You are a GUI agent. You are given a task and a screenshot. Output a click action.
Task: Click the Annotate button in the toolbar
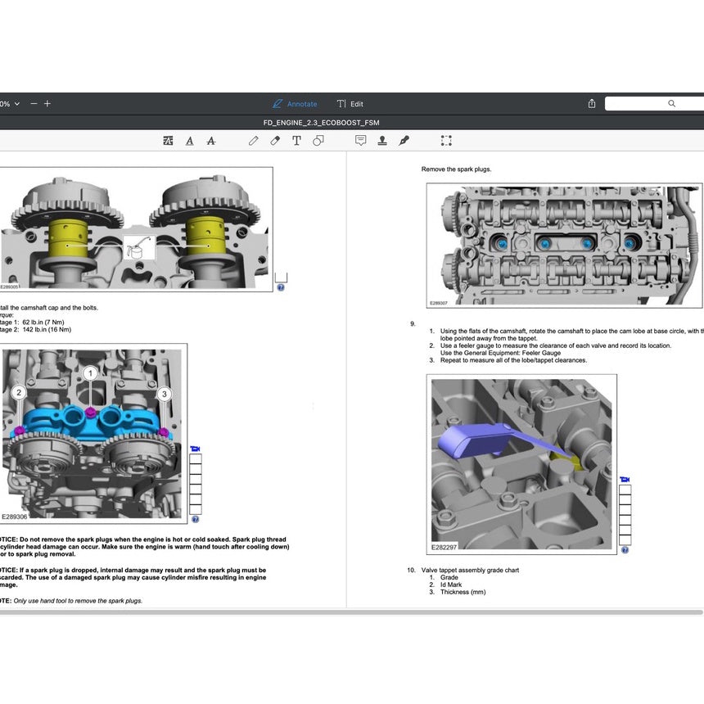pos(295,104)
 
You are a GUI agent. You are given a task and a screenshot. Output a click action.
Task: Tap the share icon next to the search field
pos(592,104)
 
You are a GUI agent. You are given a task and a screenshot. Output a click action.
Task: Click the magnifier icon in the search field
pos(671,104)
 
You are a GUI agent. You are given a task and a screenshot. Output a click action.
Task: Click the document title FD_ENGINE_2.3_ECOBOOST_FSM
pos(321,123)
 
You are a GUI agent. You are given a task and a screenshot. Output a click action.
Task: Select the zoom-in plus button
pos(47,104)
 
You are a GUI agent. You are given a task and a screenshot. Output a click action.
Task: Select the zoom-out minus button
pos(34,104)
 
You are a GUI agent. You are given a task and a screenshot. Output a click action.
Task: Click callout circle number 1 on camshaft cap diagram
pos(90,373)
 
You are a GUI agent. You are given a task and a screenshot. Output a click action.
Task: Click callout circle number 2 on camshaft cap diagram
pos(19,394)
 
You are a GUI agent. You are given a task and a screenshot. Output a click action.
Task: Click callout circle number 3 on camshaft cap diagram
pos(165,394)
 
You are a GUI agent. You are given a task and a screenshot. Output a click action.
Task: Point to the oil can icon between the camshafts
pos(138,247)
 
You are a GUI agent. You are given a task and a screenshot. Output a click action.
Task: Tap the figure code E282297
pos(444,547)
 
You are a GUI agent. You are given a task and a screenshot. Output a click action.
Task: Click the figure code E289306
pos(14,517)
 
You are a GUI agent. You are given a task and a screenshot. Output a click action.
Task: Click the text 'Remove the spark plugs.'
pos(456,169)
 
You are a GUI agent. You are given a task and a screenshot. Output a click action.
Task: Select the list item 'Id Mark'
pos(450,584)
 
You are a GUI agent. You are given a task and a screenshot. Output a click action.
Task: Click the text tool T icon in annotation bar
pos(296,141)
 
